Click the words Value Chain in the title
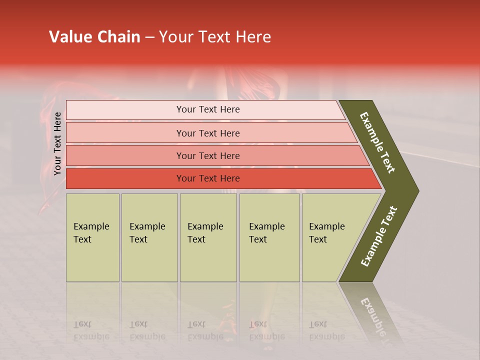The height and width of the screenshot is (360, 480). pyautogui.click(x=94, y=37)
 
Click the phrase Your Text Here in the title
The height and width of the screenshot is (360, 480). pyautogui.click(x=215, y=37)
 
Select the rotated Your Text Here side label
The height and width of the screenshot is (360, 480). pyautogui.click(x=57, y=143)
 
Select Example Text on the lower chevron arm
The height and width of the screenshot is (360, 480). pyautogui.click(x=379, y=236)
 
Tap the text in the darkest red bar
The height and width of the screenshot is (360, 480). pyautogui.click(x=208, y=178)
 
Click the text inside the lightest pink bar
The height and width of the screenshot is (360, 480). pyautogui.click(x=208, y=109)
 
